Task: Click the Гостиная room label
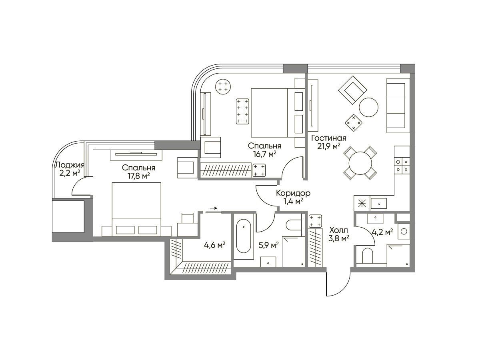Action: (329, 138)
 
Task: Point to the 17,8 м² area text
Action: (139, 176)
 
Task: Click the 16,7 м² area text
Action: (265, 154)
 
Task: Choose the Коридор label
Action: (293, 193)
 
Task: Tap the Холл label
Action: (339, 230)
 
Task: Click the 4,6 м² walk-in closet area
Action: (214, 245)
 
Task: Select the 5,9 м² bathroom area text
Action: (268, 245)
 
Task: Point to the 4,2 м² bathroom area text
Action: (382, 232)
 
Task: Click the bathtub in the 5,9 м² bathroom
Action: (244, 236)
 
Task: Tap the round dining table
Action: (360, 163)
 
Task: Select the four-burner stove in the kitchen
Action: (402, 166)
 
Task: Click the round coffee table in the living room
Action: (368, 107)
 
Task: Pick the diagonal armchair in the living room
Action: (352, 90)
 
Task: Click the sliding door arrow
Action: (214, 208)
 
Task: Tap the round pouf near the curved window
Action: (223, 86)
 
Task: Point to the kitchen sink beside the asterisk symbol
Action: (378, 203)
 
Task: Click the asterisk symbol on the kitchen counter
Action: (361, 204)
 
